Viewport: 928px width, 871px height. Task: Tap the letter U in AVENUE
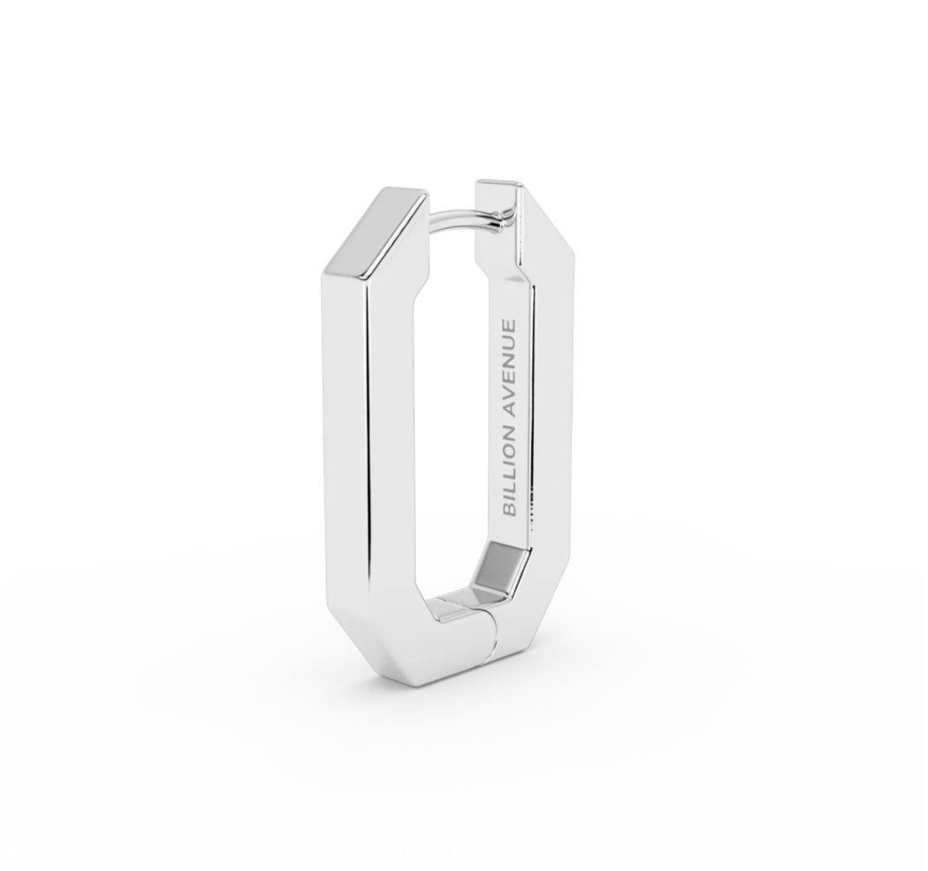pyautogui.click(x=510, y=341)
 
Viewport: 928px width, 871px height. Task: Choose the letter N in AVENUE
pyautogui.click(x=510, y=359)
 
